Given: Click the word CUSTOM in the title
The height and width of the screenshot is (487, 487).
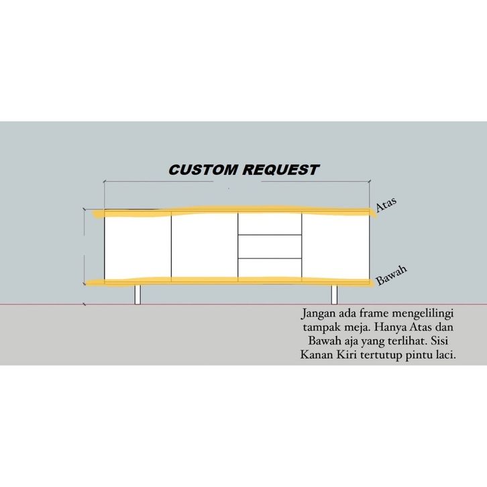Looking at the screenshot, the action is (x=199, y=170).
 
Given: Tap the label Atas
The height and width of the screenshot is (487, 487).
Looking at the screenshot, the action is (x=386, y=205).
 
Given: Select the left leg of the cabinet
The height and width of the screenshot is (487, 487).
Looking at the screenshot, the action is (x=138, y=294).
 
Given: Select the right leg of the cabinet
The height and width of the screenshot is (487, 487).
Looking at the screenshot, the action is (x=333, y=294).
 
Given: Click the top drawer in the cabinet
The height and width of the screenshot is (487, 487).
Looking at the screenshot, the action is (x=270, y=224).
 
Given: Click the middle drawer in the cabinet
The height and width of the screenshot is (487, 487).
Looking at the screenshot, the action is (x=270, y=246).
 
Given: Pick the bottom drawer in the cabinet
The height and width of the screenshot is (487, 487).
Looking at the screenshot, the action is (x=270, y=268).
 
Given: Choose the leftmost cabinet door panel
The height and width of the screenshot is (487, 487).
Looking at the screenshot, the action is (x=138, y=246).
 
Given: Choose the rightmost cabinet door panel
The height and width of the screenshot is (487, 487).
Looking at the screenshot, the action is (x=335, y=246).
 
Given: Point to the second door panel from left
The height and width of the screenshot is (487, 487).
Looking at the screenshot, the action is (x=205, y=246).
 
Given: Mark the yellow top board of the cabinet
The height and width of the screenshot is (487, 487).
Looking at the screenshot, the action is (x=235, y=211).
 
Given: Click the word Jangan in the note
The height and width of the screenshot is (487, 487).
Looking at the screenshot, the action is (x=319, y=314).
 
